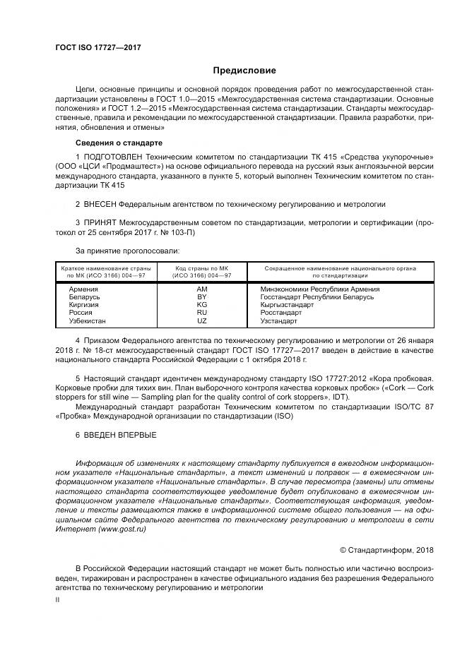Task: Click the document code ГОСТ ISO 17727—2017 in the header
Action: (x=98, y=47)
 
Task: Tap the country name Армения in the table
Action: (x=75, y=289)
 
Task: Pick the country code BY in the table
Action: (x=201, y=297)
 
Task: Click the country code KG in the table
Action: (x=201, y=305)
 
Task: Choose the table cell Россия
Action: (x=73, y=313)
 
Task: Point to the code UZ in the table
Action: (x=201, y=320)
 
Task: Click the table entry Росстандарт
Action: (x=280, y=313)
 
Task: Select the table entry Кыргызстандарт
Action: (x=287, y=305)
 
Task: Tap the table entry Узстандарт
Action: (x=279, y=320)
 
